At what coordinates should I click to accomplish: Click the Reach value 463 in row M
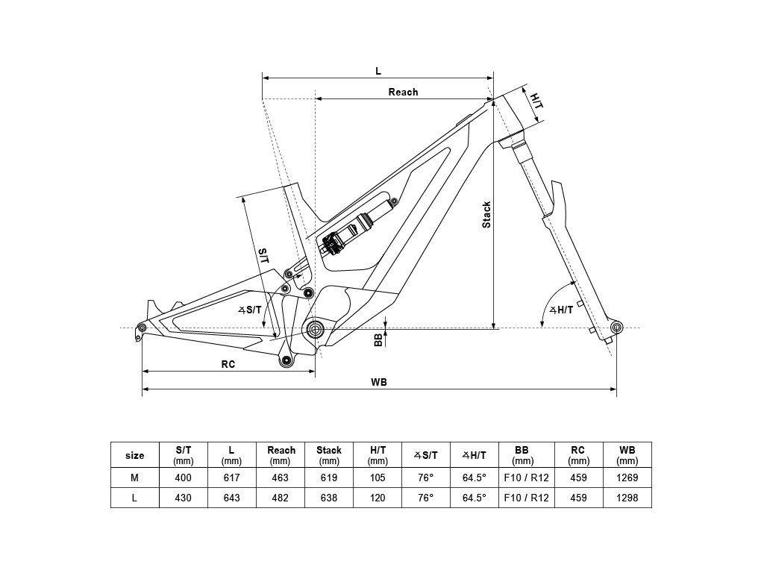[281, 477]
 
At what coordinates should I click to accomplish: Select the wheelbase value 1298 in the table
[627, 498]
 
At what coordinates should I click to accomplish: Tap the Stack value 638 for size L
[329, 498]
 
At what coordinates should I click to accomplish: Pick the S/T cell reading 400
[184, 477]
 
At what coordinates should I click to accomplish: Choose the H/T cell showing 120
[378, 498]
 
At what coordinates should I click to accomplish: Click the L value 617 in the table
[231, 477]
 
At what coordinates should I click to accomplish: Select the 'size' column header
[135, 455]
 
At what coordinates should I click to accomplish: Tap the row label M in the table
[135, 477]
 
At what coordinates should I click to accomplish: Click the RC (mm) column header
[578, 455]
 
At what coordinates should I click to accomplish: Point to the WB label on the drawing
[379, 382]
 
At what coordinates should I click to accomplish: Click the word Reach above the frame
[403, 92]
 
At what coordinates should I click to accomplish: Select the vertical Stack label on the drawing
[486, 215]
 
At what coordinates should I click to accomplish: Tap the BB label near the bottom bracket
[378, 340]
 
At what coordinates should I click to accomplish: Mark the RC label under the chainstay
[228, 364]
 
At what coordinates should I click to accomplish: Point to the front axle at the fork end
[616, 327]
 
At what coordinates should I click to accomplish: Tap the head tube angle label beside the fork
[561, 310]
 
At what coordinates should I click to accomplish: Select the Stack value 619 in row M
[329, 477]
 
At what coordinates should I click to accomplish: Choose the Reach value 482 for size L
[281, 498]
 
